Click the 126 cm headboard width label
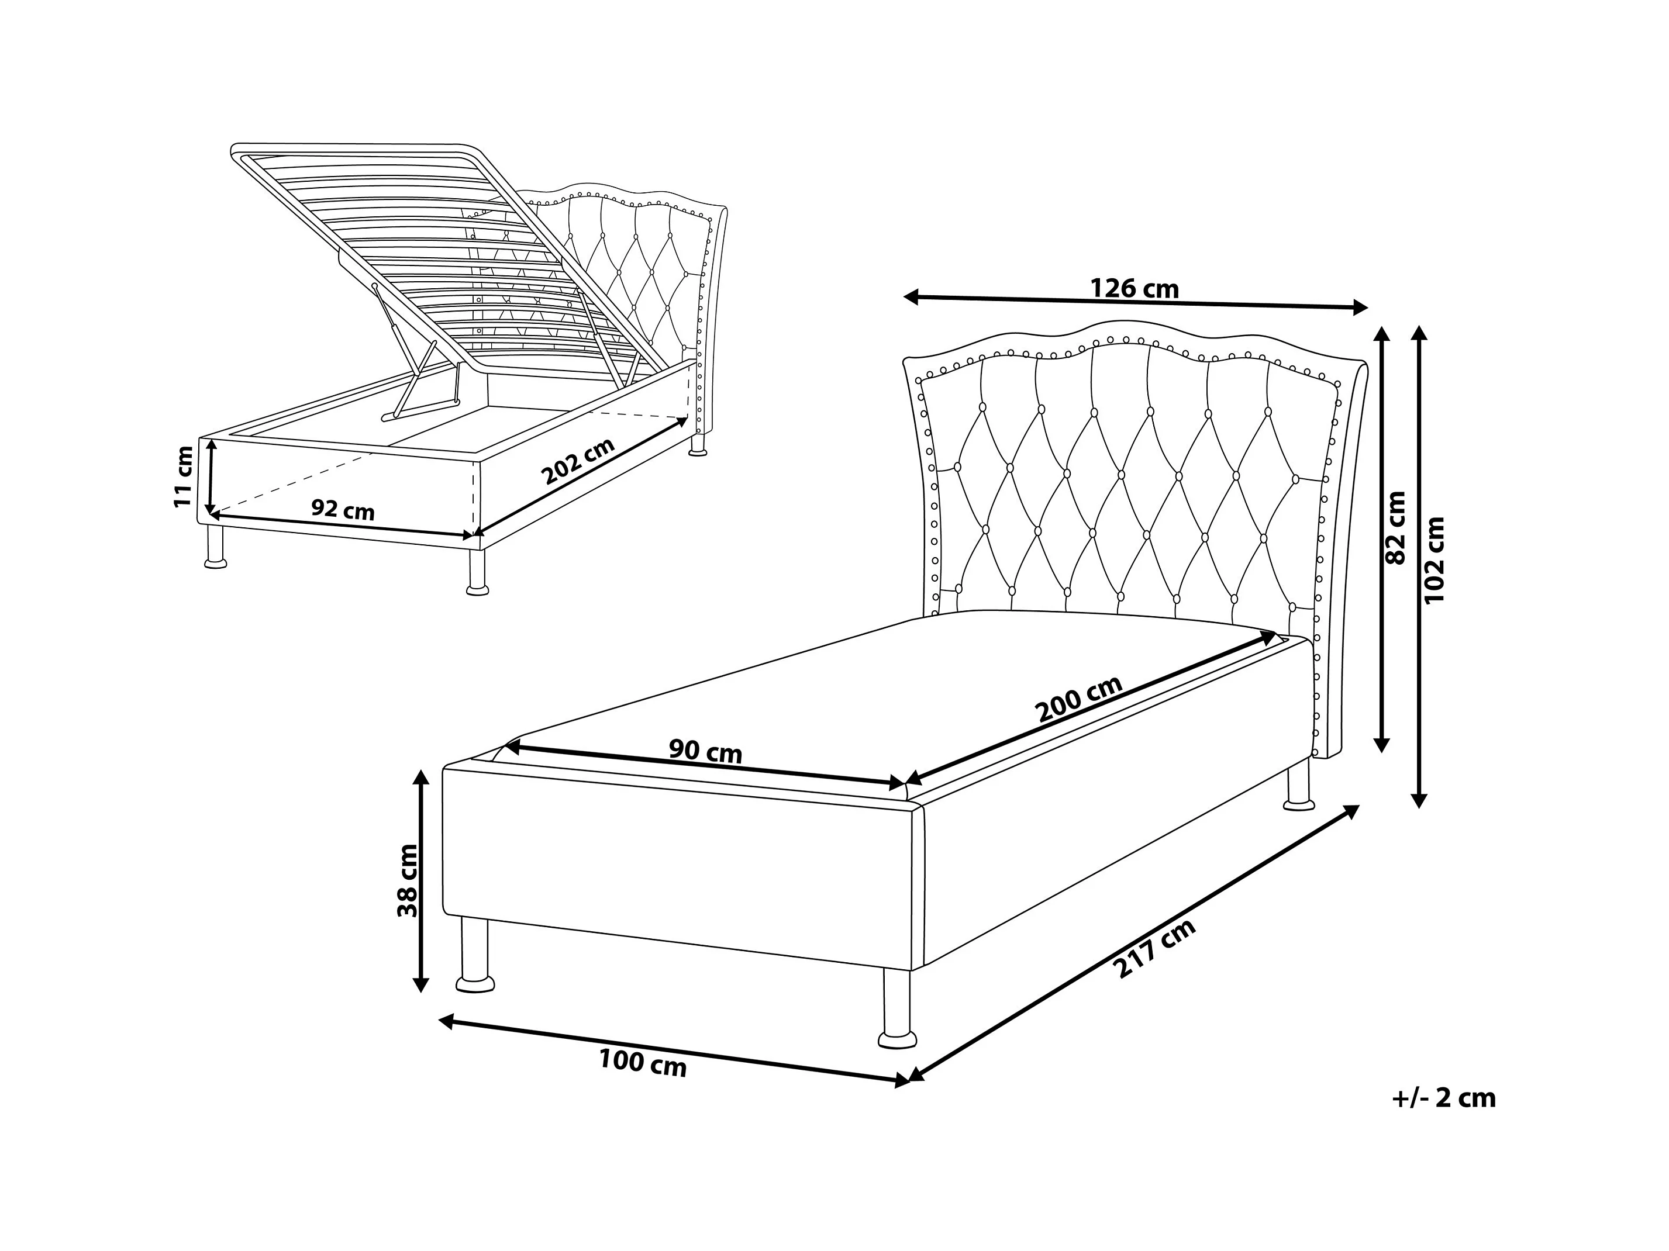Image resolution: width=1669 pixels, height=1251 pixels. [x=1134, y=288]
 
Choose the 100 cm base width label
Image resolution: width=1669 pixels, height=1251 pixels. [x=643, y=1063]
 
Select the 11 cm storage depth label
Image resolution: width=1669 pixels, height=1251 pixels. [x=184, y=476]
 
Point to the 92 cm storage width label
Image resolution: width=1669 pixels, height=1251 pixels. [x=343, y=510]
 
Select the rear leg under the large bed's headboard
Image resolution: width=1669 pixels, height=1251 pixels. [x=1298, y=785]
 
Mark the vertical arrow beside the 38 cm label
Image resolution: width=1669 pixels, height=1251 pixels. [x=421, y=882]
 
